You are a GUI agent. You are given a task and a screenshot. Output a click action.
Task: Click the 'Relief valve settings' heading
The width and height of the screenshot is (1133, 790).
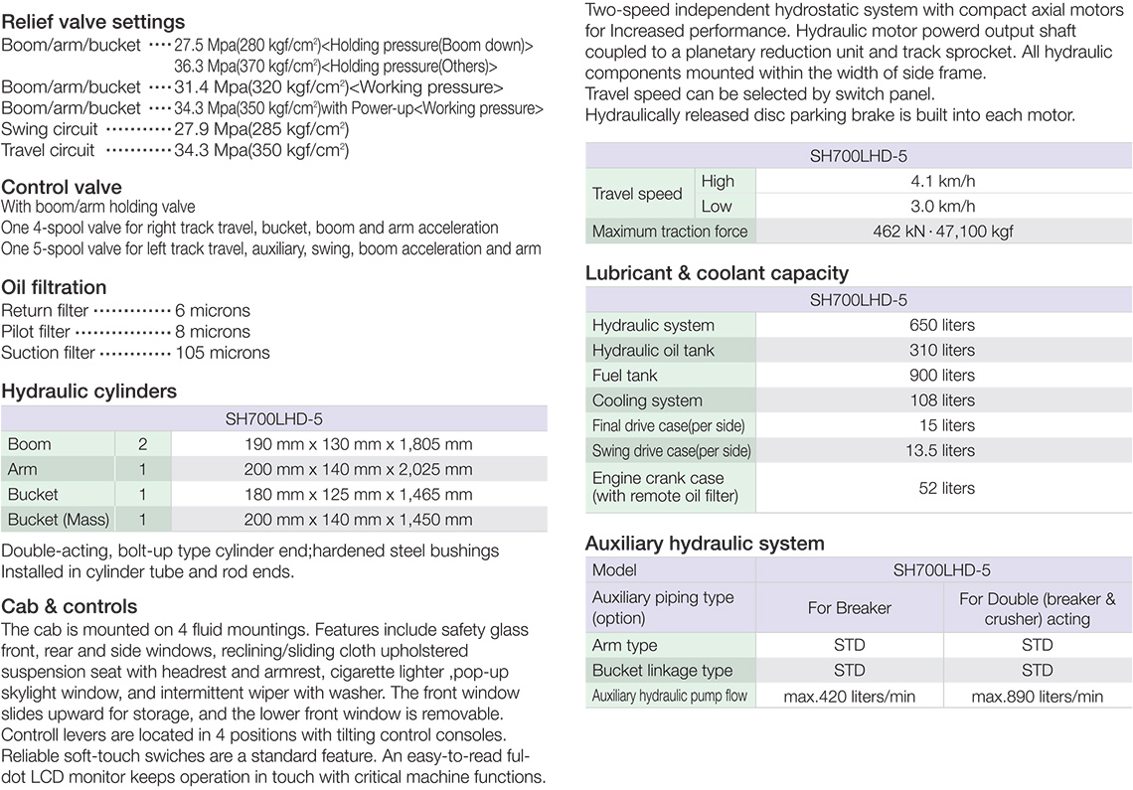tap(93, 22)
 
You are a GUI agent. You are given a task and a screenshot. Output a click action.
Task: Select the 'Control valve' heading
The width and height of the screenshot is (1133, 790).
tap(62, 187)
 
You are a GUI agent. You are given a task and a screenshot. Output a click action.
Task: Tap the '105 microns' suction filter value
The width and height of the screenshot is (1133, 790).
tap(223, 353)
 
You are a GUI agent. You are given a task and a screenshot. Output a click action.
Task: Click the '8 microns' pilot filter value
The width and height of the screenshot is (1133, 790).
tap(213, 332)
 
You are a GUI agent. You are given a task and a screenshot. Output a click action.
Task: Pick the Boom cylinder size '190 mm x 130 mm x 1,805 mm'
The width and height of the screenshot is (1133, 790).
tap(359, 444)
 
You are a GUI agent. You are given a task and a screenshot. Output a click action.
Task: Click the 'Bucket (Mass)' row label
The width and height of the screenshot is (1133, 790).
tap(59, 520)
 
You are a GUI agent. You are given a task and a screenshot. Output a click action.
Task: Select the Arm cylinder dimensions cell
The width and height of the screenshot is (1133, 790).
tap(359, 469)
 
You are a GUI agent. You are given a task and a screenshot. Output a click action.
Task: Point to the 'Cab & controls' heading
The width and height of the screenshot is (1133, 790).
tap(70, 606)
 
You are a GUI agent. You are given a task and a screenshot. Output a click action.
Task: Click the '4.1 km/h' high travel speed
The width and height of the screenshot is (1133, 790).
tap(942, 182)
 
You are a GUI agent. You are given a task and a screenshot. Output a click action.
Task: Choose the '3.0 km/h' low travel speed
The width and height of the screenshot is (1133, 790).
tap(942, 207)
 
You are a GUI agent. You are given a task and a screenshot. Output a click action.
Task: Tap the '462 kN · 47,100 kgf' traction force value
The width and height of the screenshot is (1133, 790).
tap(942, 232)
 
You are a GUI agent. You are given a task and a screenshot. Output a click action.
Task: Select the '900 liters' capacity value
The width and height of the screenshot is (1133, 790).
tap(942, 376)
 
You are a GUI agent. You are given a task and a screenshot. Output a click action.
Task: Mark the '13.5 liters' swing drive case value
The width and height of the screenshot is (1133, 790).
tap(942, 450)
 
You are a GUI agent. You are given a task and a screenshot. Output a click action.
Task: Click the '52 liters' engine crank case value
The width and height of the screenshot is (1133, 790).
tap(942, 488)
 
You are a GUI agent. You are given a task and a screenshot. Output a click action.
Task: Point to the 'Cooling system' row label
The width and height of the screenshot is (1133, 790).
tap(647, 400)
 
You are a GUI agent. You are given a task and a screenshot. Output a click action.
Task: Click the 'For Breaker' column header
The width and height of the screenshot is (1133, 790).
tap(849, 608)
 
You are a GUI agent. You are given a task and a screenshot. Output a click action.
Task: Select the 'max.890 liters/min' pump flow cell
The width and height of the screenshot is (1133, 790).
tap(1037, 697)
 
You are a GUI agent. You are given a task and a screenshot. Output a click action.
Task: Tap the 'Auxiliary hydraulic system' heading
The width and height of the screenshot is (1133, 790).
tap(705, 544)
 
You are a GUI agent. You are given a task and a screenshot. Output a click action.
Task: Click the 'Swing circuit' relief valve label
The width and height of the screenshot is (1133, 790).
tap(50, 129)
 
